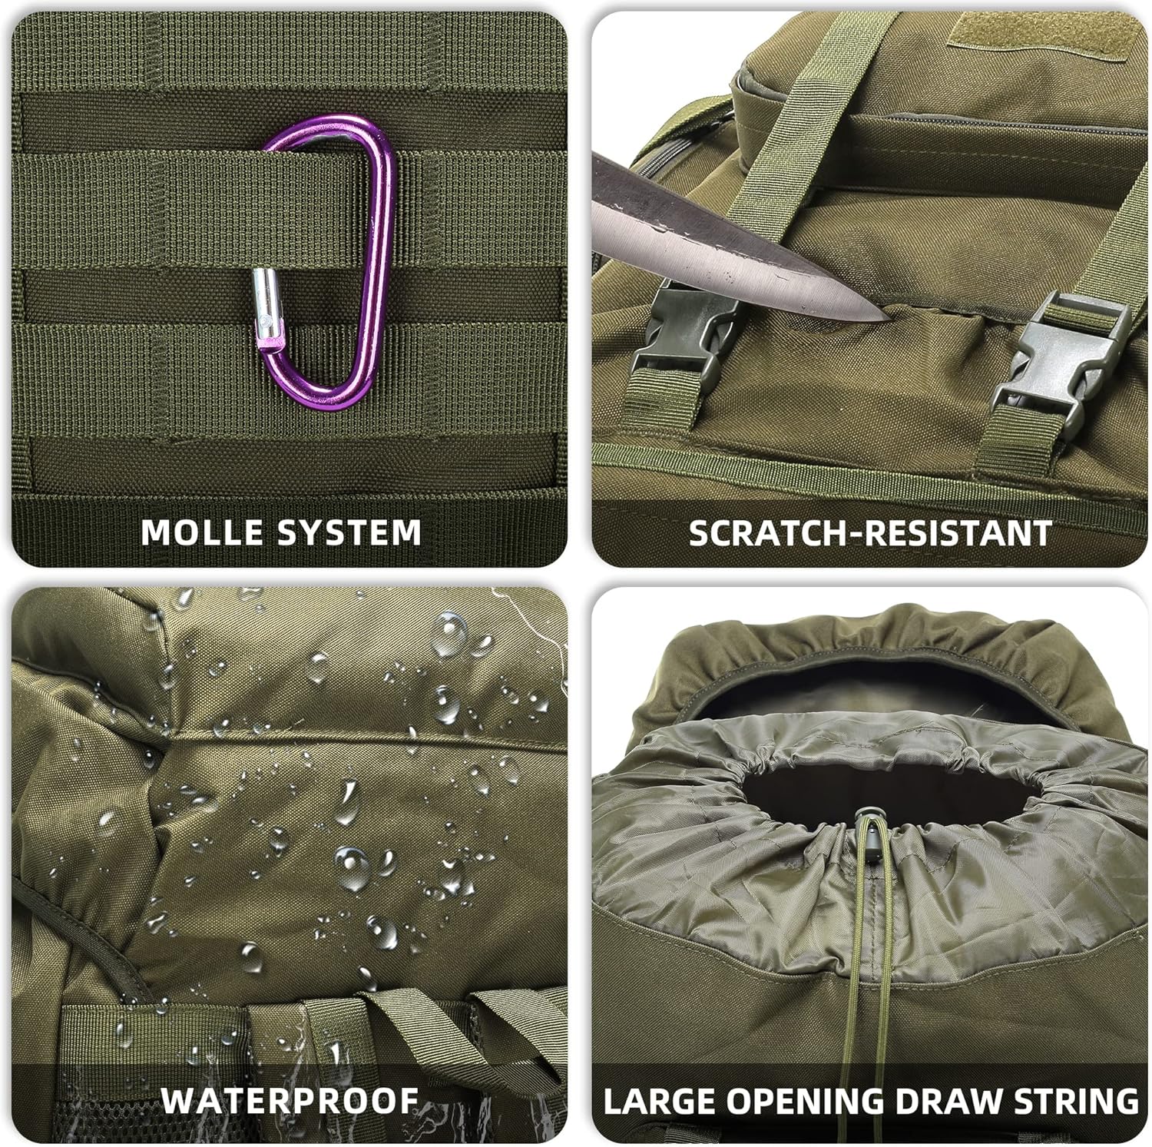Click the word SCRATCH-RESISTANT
(x=870, y=532)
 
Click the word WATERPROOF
(x=290, y=1099)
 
